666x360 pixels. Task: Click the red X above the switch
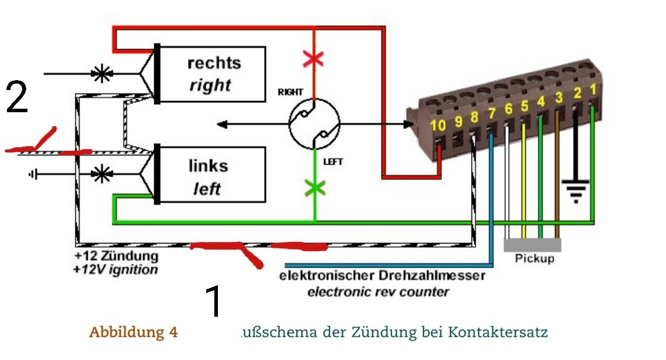tap(314, 58)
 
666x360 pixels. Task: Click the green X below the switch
tap(315, 189)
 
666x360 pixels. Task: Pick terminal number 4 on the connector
tap(542, 101)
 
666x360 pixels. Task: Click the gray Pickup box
tap(532, 245)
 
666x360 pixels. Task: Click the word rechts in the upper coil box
tap(214, 63)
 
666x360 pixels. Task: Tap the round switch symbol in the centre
tap(314, 124)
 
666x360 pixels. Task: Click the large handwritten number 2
tap(17, 97)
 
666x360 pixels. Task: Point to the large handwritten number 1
tap(214, 300)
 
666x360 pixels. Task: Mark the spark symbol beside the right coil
tap(102, 74)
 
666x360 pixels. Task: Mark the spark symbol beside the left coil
tap(102, 173)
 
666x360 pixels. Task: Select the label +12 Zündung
tap(116, 256)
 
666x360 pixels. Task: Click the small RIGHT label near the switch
tap(290, 92)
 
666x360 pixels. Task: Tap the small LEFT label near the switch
tap(333, 161)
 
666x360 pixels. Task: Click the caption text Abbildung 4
tap(133, 333)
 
